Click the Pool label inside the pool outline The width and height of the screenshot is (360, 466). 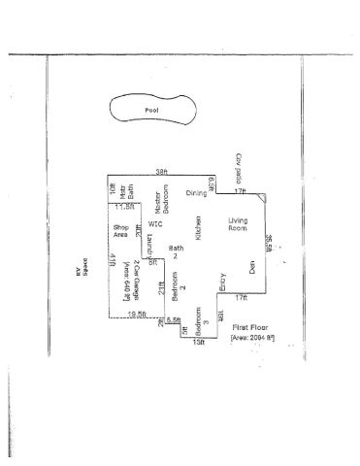coord(151,110)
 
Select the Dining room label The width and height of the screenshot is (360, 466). coord(197,193)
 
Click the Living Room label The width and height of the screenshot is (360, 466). coord(239,224)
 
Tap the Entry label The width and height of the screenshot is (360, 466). coord(222,282)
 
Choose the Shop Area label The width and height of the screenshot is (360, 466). coord(121,256)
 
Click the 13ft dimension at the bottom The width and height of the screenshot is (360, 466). coord(200,343)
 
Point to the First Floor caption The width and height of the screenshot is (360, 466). coord(248,330)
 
